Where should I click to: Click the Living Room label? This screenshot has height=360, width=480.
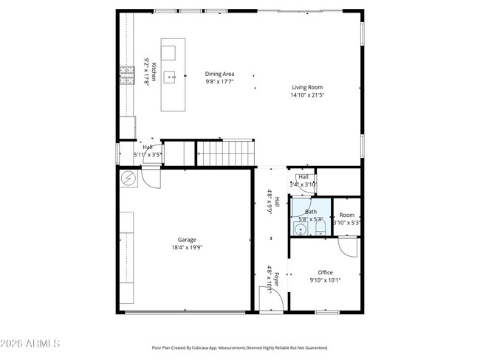tap(306, 87)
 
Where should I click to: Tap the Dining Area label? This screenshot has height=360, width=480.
tap(219, 74)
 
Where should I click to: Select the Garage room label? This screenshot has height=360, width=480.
tap(186, 240)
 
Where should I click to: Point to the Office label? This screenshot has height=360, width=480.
tap(325, 272)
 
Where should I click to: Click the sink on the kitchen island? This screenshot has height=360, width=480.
tap(169, 75)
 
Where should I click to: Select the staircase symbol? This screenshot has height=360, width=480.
tap(224, 154)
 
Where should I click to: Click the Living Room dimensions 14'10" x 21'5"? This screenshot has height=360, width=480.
tap(306, 95)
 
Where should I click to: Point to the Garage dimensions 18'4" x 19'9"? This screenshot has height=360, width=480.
tap(186, 248)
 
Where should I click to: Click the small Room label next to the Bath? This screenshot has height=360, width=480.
tap(346, 215)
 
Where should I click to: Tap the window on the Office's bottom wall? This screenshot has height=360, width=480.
tap(326, 313)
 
